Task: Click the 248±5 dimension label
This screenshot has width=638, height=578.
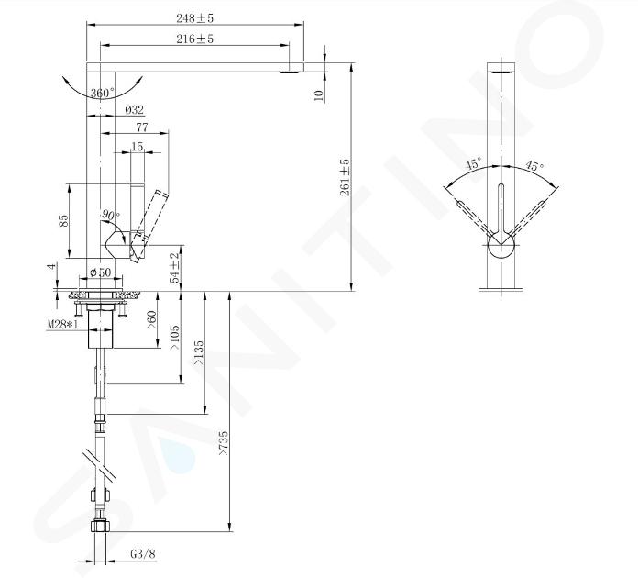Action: (194, 18)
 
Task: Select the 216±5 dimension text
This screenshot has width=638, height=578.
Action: (194, 39)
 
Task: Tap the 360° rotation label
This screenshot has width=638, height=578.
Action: (103, 94)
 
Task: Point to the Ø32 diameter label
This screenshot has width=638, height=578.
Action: (134, 109)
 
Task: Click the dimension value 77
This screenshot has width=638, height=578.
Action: (142, 128)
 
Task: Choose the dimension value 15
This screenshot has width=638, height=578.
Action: (137, 147)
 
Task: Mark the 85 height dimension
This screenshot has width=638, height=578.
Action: (64, 221)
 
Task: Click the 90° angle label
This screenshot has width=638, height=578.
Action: (111, 215)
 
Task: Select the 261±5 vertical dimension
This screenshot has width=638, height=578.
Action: (345, 177)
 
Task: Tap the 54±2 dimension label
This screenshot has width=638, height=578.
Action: (174, 268)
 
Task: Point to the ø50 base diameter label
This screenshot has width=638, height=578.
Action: (100, 272)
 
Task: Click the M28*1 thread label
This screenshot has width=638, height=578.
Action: (62, 325)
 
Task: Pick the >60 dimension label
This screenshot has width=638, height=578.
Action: (151, 321)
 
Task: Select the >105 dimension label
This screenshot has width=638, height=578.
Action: (174, 338)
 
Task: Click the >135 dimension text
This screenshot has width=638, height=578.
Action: (198, 352)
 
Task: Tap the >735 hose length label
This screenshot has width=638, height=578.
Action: (224, 443)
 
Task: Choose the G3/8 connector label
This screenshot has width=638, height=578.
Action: (143, 554)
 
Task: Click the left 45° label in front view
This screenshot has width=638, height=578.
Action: (474, 163)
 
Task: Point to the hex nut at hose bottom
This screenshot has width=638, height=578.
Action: (100, 527)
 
